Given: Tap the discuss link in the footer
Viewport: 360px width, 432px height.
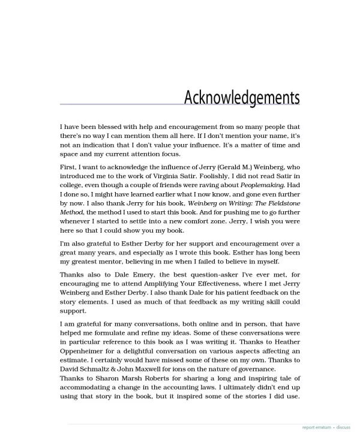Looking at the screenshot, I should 343,428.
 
